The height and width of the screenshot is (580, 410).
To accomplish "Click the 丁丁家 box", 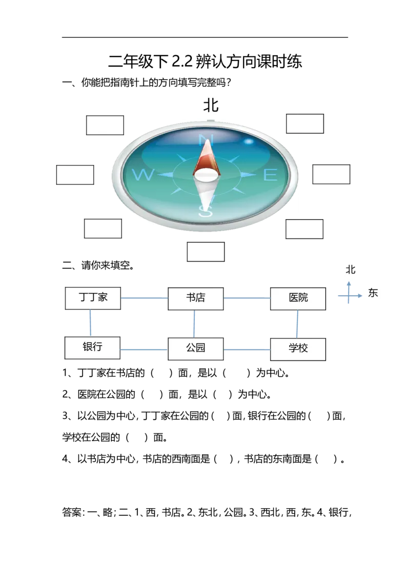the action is [x=93, y=298].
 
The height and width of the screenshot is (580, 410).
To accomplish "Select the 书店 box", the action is [x=196, y=298].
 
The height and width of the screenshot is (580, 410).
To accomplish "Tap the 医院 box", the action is [x=298, y=298].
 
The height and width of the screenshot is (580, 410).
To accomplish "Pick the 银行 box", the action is [x=93, y=348].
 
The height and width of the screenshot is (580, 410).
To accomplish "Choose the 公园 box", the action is [x=195, y=348].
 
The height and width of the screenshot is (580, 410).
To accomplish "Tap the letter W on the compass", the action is [x=142, y=176].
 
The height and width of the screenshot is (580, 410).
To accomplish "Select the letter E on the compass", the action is [x=270, y=176].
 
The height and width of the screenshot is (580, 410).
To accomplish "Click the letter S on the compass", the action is [x=205, y=212].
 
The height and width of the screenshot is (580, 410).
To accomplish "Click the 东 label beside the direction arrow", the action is [x=373, y=294].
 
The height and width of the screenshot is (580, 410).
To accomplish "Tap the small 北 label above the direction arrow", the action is [x=351, y=270].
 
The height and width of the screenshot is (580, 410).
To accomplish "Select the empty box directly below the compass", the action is [x=206, y=252].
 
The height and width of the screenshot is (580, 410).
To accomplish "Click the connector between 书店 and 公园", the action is [x=195, y=323].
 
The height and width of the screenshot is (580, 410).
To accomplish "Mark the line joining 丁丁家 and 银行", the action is [x=91, y=323].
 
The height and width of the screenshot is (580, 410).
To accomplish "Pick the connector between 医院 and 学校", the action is [x=297, y=324].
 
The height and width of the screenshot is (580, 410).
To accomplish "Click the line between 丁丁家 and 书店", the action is [x=145, y=297].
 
